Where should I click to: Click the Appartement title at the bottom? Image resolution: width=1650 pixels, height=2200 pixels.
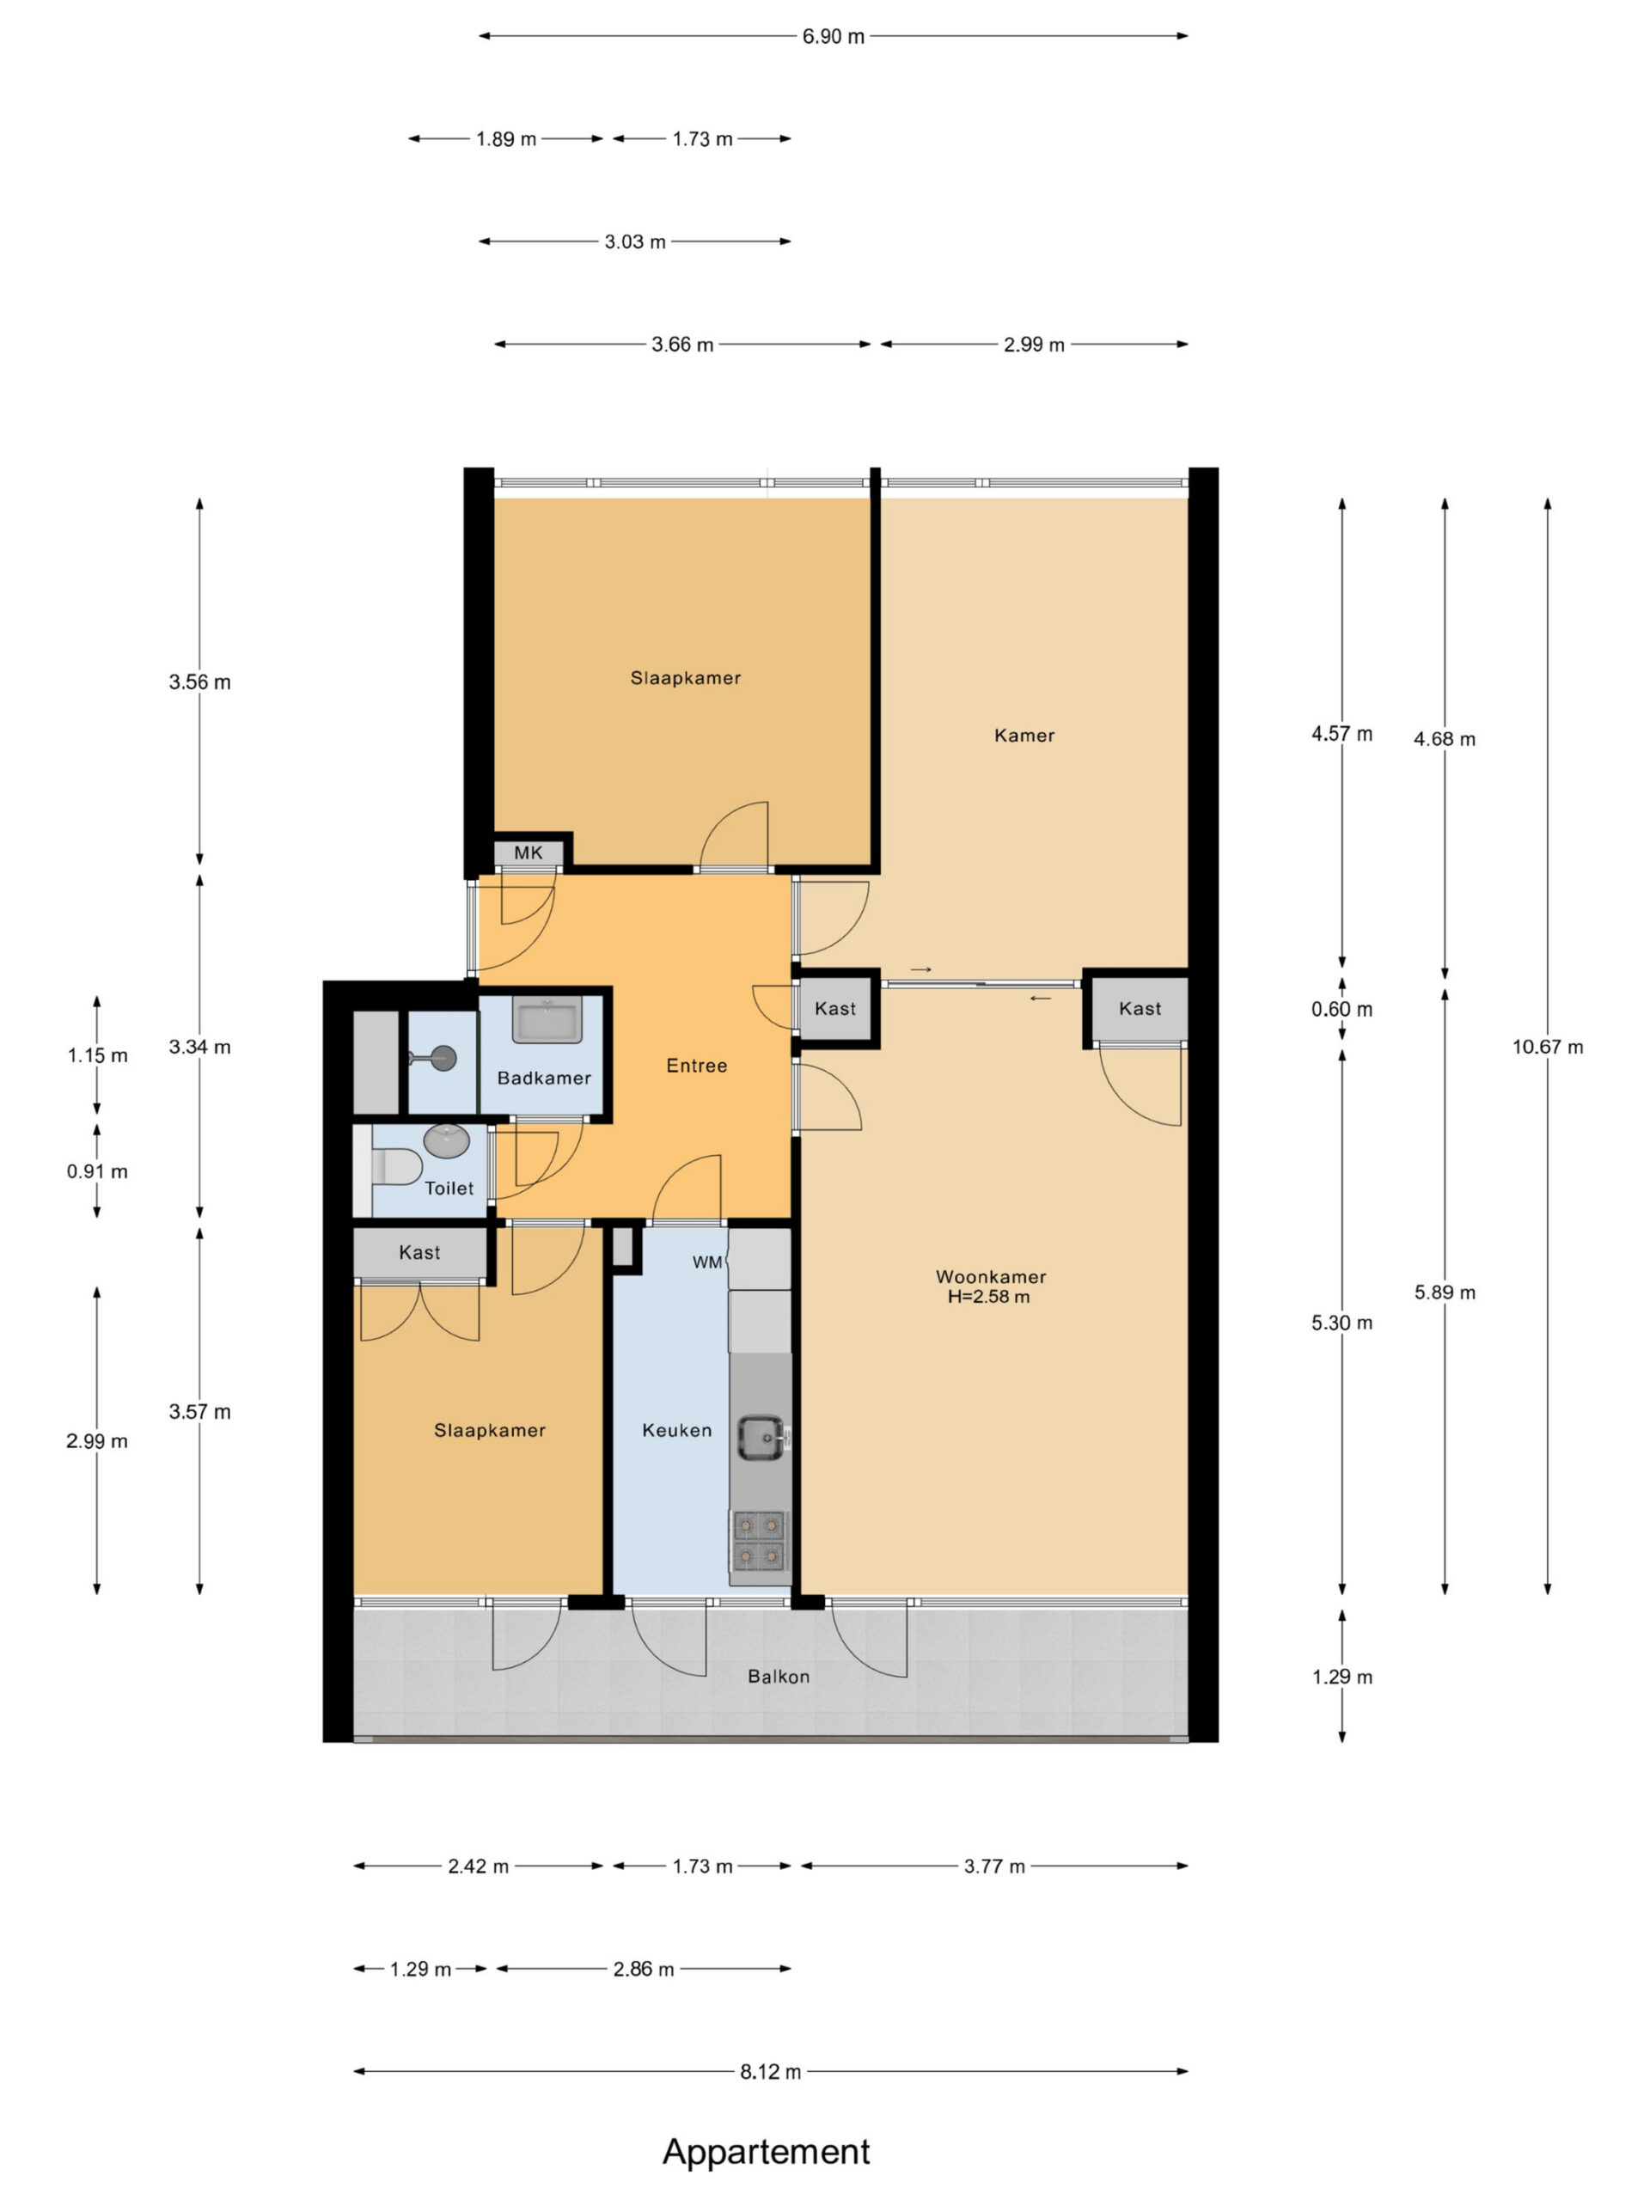click(x=766, y=2151)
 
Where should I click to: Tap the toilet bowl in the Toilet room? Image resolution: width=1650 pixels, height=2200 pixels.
click(x=397, y=1165)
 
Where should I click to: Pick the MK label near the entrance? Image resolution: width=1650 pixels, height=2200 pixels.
click(x=529, y=852)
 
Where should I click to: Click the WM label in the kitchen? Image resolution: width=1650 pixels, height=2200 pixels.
click(x=707, y=1262)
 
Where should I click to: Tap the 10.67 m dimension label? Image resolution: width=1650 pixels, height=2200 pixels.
click(x=1548, y=1047)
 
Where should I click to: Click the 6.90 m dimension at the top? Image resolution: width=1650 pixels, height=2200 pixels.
click(x=834, y=36)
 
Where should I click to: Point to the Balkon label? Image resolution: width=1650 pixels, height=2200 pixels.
click(x=779, y=1676)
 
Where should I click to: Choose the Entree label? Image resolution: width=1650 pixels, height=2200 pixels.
click(x=696, y=1065)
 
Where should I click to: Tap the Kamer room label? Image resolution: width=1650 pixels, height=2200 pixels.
click(x=1024, y=735)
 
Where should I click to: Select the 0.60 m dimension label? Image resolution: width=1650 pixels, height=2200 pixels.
click(x=1341, y=1010)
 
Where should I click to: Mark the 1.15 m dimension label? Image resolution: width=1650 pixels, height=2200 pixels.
click(x=97, y=1055)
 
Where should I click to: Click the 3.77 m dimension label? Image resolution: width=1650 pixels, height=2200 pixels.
click(x=994, y=1866)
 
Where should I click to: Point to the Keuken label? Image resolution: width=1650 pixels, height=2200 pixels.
click(x=676, y=1430)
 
